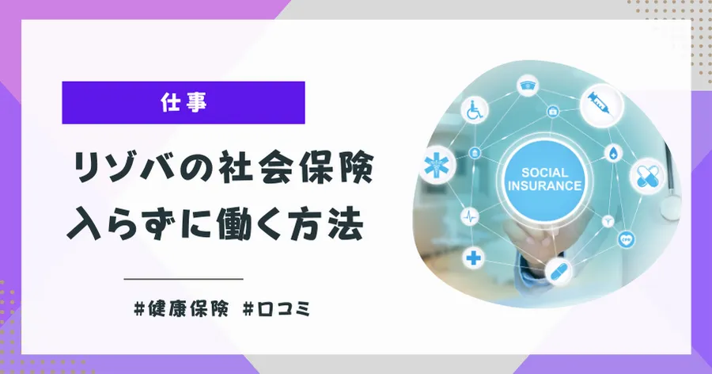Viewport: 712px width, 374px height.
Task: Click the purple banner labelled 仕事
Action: [x=184, y=102]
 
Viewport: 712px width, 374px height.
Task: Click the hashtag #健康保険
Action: [x=181, y=310]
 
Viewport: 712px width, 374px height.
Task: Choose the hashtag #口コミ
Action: [x=277, y=310]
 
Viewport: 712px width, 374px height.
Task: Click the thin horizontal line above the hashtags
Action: [x=184, y=279]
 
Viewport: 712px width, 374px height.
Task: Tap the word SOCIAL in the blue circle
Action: [x=544, y=173]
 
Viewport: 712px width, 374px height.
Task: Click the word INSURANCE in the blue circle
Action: [x=544, y=185]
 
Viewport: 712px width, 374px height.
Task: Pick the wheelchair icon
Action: [x=475, y=111]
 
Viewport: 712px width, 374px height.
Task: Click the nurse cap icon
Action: [x=528, y=85]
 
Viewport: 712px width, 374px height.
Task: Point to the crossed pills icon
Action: [x=647, y=176]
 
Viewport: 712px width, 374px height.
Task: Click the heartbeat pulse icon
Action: [x=469, y=217]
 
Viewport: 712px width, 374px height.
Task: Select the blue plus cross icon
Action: [x=473, y=258]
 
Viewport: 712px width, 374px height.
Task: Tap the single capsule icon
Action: [x=558, y=272]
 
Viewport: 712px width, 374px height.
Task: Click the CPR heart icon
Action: [x=627, y=239]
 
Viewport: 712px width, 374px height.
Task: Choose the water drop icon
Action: [x=613, y=153]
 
